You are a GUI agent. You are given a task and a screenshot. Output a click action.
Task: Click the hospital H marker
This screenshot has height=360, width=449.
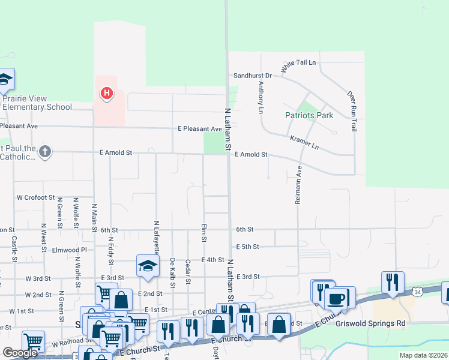point(106,94)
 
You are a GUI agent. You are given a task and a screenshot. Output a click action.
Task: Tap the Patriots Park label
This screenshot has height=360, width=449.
point(309,115)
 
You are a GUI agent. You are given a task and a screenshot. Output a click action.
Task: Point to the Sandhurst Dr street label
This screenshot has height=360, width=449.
point(253,76)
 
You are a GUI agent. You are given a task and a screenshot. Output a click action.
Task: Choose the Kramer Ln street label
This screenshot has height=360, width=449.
point(304,143)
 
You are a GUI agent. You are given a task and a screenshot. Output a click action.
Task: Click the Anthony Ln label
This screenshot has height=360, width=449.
point(261,98)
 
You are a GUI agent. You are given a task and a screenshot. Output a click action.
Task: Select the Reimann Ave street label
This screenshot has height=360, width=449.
point(298,186)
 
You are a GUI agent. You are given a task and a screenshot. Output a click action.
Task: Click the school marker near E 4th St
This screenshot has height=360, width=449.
point(148,266)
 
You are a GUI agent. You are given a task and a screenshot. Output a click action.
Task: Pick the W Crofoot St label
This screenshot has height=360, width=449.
point(35,197)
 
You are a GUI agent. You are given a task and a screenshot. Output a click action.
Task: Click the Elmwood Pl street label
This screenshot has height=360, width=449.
point(70,250)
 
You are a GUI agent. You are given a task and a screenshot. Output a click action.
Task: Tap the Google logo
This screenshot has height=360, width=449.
point(20,353)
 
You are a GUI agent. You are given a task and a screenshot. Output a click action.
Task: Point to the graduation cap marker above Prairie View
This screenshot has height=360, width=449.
point(5,79)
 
